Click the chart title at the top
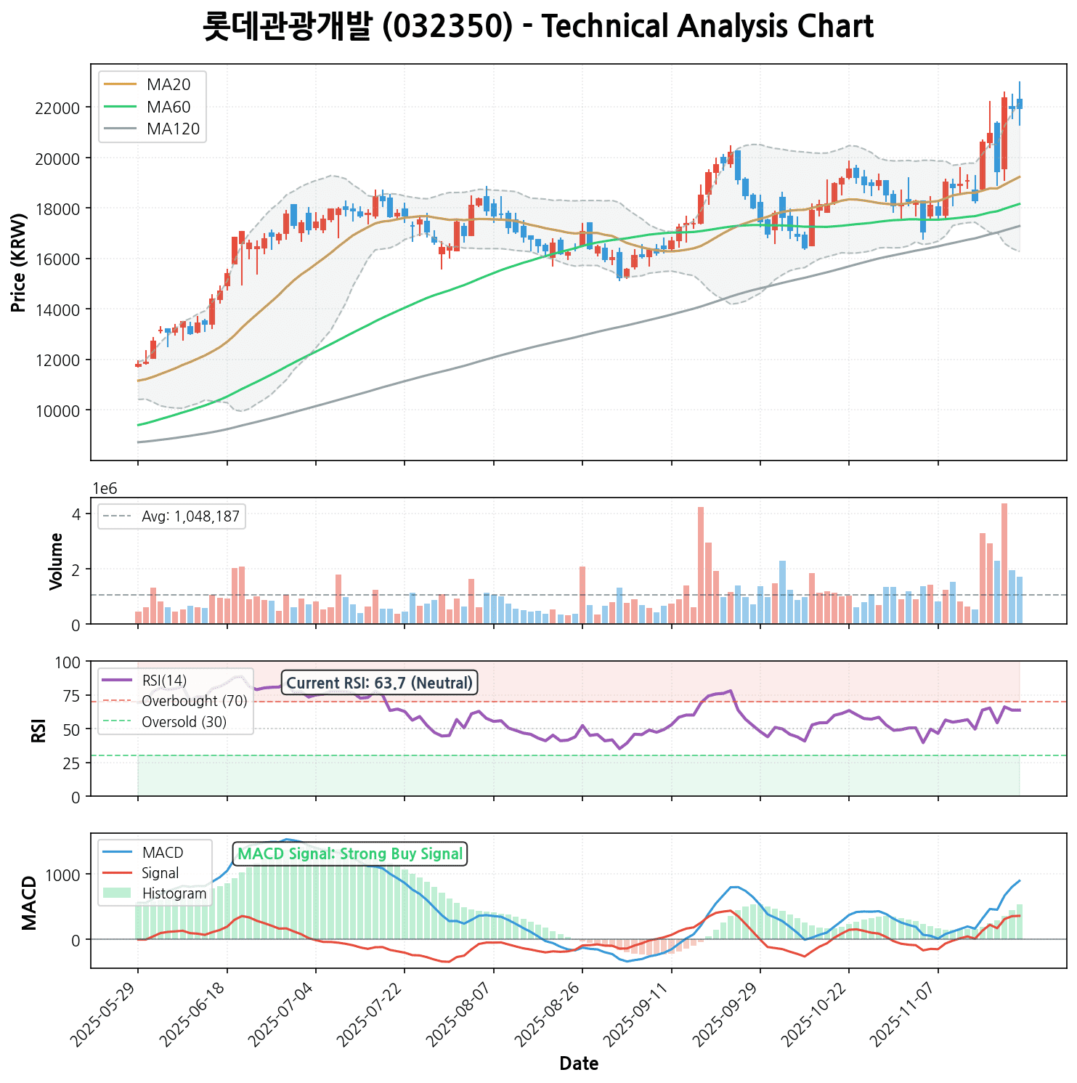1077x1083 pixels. coord(538,27)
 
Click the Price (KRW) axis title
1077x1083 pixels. coord(20,262)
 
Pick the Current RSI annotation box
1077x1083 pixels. coord(379,683)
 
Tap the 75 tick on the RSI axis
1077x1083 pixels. coord(72,695)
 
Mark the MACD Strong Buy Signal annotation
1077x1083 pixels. coord(350,854)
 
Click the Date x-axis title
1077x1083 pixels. coord(579,1064)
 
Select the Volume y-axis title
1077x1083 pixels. coord(57,561)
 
